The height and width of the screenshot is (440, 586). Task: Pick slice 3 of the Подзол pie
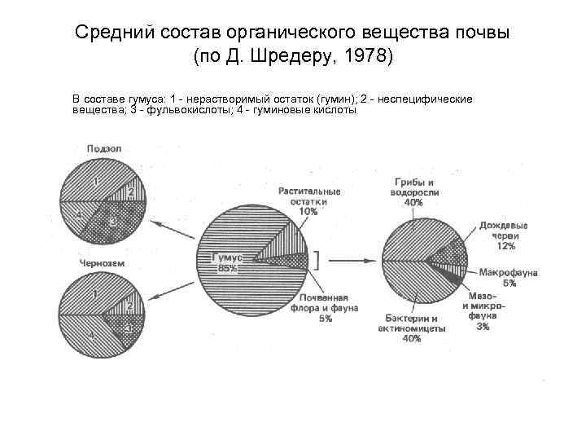pos(113,220)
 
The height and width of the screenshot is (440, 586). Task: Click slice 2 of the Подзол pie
pos(130,191)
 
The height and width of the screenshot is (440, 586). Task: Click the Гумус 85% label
pos(225,262)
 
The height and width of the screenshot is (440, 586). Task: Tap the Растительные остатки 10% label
pos(309,200)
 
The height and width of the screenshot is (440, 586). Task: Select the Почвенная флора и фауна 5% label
pos(326,307)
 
